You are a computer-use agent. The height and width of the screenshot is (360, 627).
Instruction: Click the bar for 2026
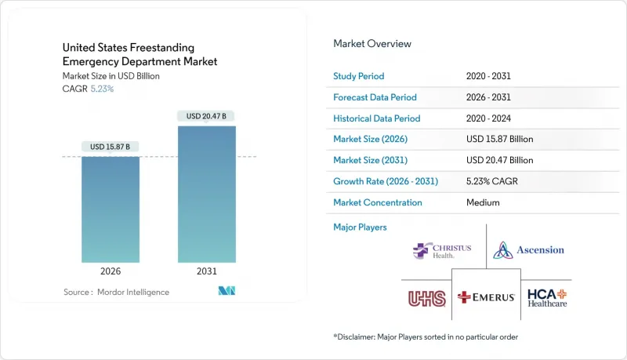pos(111,209)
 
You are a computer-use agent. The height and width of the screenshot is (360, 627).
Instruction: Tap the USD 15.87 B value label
pos(111,146)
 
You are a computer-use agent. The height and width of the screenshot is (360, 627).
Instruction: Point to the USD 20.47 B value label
pos(207,116)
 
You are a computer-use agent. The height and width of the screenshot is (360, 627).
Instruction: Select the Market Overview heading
pos(371,44)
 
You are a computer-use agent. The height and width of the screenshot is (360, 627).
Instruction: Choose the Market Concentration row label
pos(378,202)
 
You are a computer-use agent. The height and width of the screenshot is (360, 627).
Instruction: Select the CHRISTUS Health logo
pos(442,251)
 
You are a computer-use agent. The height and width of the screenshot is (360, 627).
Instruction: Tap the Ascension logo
pos(528,250)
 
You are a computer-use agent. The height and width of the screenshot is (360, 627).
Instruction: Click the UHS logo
pos(426,298)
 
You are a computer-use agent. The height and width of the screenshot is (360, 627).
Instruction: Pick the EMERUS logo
pos(486,298)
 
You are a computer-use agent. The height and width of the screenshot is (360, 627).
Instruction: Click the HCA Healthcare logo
pos(546,297)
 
